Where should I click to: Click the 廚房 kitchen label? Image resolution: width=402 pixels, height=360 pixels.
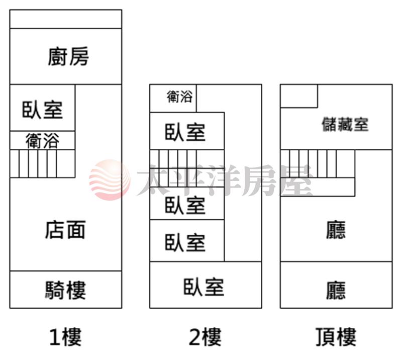coord(68,56)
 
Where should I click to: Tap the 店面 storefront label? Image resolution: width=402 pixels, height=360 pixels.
coord(65,230)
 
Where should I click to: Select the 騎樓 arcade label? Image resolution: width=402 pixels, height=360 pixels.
coord(65,290)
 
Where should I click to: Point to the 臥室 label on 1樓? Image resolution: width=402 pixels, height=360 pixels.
coord(42,110)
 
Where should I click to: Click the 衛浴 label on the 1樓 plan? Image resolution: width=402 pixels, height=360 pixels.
coord(42,140)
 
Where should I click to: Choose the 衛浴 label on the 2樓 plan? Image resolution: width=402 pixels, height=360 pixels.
coord(179,97)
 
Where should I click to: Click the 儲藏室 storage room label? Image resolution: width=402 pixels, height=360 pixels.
coord(345,124)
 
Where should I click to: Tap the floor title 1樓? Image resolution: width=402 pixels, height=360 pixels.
coord(65,337)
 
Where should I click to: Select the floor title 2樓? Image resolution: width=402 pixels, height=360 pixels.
coord(205,337)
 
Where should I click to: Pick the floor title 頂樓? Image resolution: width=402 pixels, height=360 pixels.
coord(336,337)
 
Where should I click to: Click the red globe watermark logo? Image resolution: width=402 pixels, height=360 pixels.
coord(110,179)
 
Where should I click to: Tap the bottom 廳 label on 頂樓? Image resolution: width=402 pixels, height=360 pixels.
coord(336,290)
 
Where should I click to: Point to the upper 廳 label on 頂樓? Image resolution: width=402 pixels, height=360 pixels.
coord(336,230)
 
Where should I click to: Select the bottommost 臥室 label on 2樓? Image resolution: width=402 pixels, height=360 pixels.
coord(204,287)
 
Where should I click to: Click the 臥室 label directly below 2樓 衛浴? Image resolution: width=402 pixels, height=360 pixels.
coord(185,132)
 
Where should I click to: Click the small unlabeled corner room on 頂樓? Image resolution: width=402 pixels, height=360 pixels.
coord(299,96)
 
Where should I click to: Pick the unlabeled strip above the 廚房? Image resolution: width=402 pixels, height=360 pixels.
coord(66,19)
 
